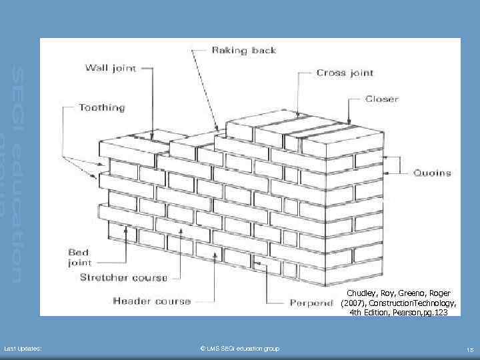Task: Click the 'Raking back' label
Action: coord(243,50)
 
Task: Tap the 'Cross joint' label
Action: coord(345,73)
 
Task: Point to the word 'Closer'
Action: coord(381,99)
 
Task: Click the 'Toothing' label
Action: coord(101,107)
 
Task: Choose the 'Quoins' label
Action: coord(432,173)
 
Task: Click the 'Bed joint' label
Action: coord(84,257)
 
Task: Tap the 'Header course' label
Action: coord(151,301)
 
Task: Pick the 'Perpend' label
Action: coord(311,303)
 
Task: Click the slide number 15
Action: coord(470,349)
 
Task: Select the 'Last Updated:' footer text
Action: coord(23,349)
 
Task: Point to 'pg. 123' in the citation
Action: coord(435,311)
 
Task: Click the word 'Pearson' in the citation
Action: coord(403,311)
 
